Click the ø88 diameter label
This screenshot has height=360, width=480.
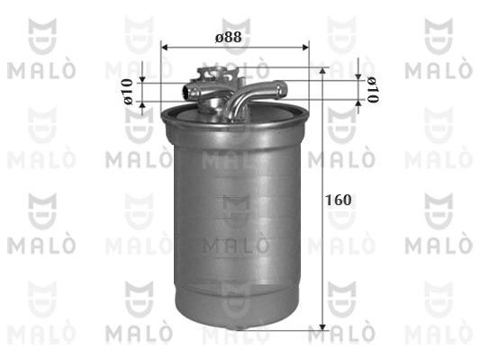point(229,37)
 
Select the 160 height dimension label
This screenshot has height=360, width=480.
point(339,200)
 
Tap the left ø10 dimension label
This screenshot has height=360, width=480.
point(128,92)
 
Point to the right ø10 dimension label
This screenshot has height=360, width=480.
point(373,90)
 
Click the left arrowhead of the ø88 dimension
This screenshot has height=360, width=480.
point(165,47)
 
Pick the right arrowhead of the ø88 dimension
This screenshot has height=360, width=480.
point(305,47)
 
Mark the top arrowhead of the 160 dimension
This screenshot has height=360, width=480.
point(322,71)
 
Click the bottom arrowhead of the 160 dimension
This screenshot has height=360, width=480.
point(322,327)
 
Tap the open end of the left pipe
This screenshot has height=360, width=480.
point(186,91)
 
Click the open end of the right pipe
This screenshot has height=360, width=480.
point(281,89)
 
